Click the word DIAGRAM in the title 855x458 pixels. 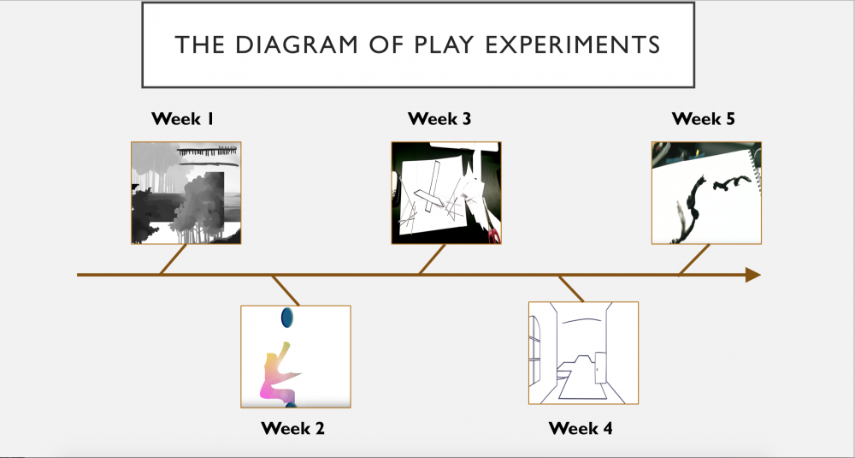coord(297,45)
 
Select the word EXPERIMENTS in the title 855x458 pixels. coord(573,45)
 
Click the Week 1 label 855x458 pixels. coord(183,118)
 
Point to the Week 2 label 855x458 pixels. coord(292,428)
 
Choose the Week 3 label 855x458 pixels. coord(439,118)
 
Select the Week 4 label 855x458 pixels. coord(581,428)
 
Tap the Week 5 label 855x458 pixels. coord(704,118)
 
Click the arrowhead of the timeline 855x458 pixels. coord(753,275)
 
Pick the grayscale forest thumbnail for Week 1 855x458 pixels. coord(186,193)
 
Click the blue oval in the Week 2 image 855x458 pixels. coord(286,318)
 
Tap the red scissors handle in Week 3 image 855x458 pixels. coord(493,235)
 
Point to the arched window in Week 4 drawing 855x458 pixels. coord(535,350)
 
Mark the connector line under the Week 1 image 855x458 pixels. coord(174,259)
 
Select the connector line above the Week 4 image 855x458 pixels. coord(571,288)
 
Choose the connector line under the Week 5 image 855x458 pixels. coord(694,260)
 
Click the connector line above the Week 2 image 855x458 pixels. coord(286,290)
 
